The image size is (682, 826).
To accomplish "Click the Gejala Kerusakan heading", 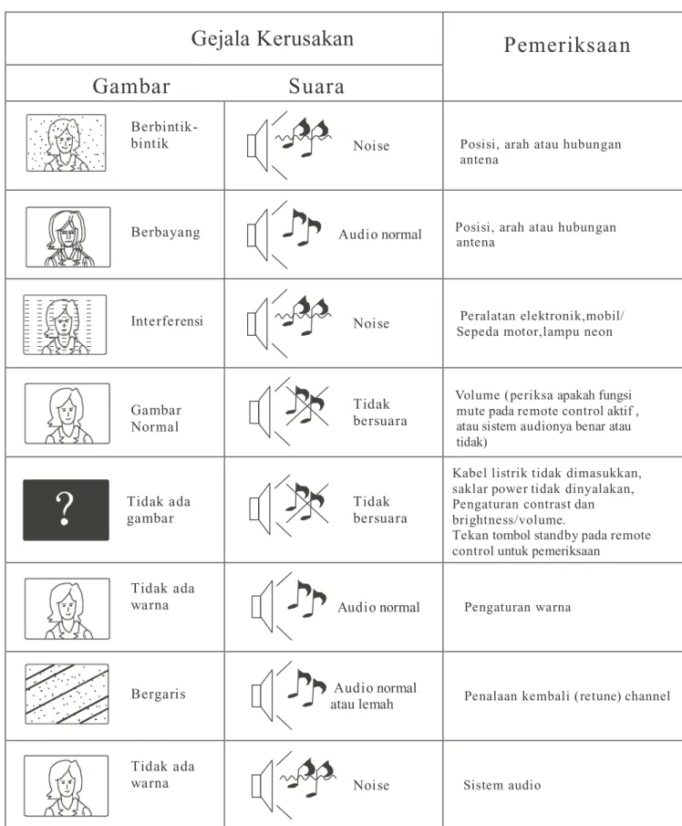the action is (x=272, y=39).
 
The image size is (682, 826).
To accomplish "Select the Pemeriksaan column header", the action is (x=567, y=46).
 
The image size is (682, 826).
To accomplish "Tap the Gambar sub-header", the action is (x=131, y=86).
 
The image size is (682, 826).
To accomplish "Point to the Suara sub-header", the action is (x=316, y=86).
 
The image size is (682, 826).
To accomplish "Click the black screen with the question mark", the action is (x=66, y=510).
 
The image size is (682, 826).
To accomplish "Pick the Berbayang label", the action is (x=166, y=233).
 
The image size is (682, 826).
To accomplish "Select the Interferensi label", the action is (x=167, y=320).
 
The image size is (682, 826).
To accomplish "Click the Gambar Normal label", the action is (x=156, y=418).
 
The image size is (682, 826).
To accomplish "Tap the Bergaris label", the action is (x=159, y=695).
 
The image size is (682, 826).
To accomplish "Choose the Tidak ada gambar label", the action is (x=159, y=510).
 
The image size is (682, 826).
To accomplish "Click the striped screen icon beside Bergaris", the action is (x=67, y=694).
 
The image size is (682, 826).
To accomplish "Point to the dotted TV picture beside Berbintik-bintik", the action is (x=66, y=142).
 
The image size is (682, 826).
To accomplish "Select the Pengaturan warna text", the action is (x=517, y=607).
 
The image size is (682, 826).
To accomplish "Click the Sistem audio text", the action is (x=502, y=785).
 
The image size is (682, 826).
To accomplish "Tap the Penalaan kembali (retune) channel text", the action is (x=567, y=695).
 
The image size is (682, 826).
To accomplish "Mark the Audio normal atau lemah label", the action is (x=374, y=695).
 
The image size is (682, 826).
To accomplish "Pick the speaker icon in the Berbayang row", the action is (x=258, y=235).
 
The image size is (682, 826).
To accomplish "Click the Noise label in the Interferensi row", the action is (x=371, y=323).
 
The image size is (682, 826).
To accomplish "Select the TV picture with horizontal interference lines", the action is (x=65, y=325).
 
